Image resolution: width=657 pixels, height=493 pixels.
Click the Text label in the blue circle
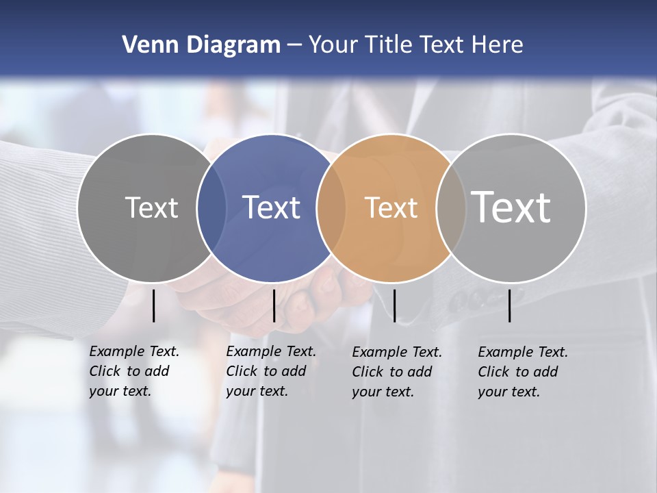point(271,207)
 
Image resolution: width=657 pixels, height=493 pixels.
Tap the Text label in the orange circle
point(391,207)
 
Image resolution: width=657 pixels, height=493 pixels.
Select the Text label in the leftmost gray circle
point(151,207)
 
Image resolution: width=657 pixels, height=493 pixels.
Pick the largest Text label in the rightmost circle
point(511,207)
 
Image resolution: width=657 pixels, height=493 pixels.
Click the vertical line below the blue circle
point(274,305)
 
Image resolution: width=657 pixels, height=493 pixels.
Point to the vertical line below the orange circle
point(395,305)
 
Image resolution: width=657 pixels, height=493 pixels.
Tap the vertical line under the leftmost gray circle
point(153,305)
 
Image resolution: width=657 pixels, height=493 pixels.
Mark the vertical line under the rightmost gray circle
point(510,305)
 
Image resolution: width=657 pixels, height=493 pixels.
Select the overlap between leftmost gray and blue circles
point(211,207)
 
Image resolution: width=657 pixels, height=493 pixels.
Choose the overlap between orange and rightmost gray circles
point(451,207)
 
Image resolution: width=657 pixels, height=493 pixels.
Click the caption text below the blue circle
point(270,371)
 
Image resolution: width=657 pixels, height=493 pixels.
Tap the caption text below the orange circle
point(396,372)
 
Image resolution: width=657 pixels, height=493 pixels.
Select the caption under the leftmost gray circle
point(133,371)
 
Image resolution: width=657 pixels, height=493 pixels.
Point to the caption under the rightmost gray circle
point(522,372)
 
